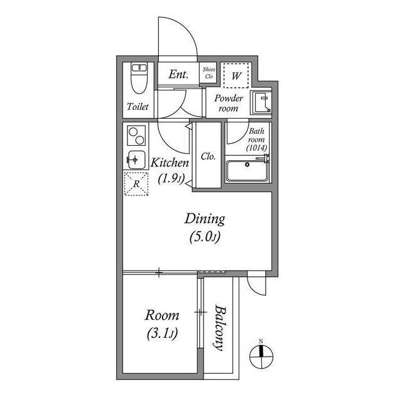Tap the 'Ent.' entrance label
[x=179, y=75]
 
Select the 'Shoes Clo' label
[x=209, y=73]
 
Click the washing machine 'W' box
[x=237, y=75]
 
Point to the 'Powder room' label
[x=228, y=103]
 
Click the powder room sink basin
[x=259, y=101]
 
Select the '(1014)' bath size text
[x=258, y=148]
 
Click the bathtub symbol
[x=247, y=170]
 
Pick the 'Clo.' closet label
[x=208, y=156]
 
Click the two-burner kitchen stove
[x=136, y=136]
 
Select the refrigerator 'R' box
[x=136, y=184]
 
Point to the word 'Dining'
[x=204, y=219]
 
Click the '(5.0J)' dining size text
[x=204, y=237]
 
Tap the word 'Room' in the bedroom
[x=162, y=315]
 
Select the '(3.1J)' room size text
[x=162, y=334]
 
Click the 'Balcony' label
[x=219, y=327]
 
